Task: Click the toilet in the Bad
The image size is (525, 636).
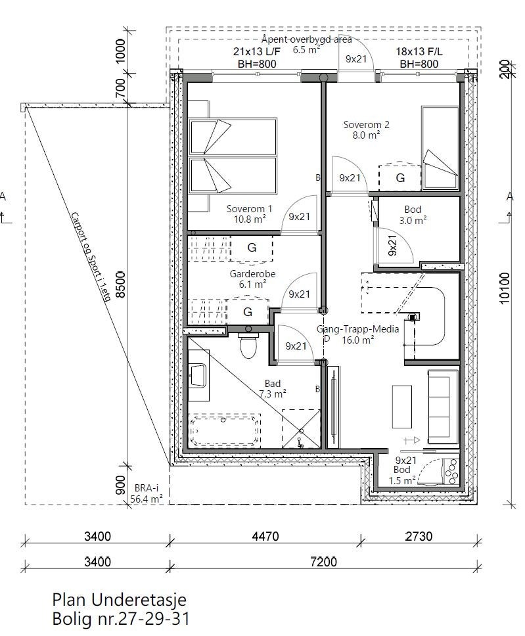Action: [248, 347]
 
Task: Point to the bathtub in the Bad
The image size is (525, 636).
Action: [225, 431]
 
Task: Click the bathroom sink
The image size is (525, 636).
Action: [197, 375]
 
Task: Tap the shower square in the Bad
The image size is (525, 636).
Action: [301, 428]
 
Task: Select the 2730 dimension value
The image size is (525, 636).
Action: [418, 536]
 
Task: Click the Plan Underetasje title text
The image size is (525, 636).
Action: [120, 600]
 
